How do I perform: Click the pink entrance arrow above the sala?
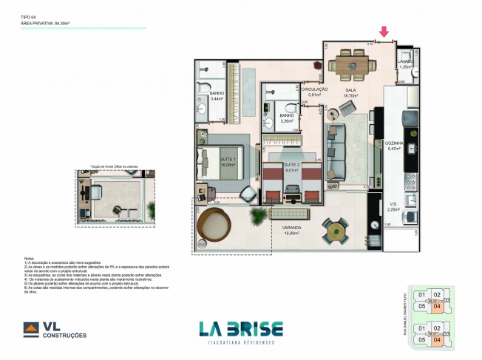point(383,31)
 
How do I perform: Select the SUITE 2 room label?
point(292,165)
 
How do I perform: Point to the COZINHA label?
point(393,145)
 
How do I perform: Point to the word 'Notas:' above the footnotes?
point(30,258)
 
